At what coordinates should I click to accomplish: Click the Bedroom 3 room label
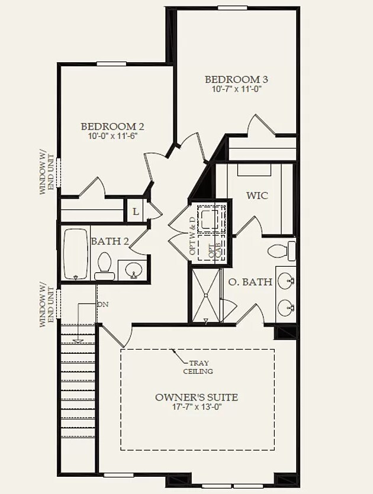click(236, 79)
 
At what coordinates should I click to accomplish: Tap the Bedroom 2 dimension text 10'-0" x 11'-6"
click(112, 136)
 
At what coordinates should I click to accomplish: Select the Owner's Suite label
click(197, 398)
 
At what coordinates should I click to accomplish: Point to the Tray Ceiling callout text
click(198, 367)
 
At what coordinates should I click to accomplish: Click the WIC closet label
click(258, 196)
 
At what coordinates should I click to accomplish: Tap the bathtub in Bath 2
click(76, 254)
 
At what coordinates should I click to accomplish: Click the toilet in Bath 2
click(104, 266)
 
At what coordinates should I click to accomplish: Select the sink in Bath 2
click(133, 270)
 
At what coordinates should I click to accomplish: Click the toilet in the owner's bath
click(282, 251)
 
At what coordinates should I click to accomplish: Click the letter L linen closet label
click(136, 212)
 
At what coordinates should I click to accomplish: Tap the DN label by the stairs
click(103, 305)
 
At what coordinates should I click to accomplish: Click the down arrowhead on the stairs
click(78, 341)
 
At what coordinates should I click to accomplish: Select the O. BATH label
click(250, 282)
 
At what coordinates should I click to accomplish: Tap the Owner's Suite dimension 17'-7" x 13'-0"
click(197, 406)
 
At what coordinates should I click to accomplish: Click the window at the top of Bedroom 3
click(232, 8)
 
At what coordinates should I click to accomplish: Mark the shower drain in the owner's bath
click(205, 295)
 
